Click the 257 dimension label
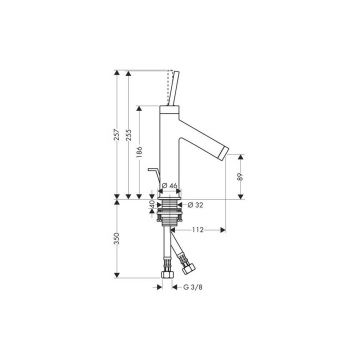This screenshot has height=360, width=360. click(x=117, y=134)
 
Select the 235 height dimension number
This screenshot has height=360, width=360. click(x=129, y=134)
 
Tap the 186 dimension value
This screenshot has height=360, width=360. click(x=140, y=152)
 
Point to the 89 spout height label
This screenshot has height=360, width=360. click(x=241, y=177)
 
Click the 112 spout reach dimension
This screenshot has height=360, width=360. click(x=197, y=229)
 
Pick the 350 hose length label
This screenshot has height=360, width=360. click(x=117, y=239)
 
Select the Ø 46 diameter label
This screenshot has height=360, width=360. click(x=169, y=186)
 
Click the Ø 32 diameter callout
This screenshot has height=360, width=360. click(x=196, y=205)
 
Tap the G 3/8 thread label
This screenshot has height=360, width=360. click(x=193, y=287)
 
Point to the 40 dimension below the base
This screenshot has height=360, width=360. click(x=152, y=205)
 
